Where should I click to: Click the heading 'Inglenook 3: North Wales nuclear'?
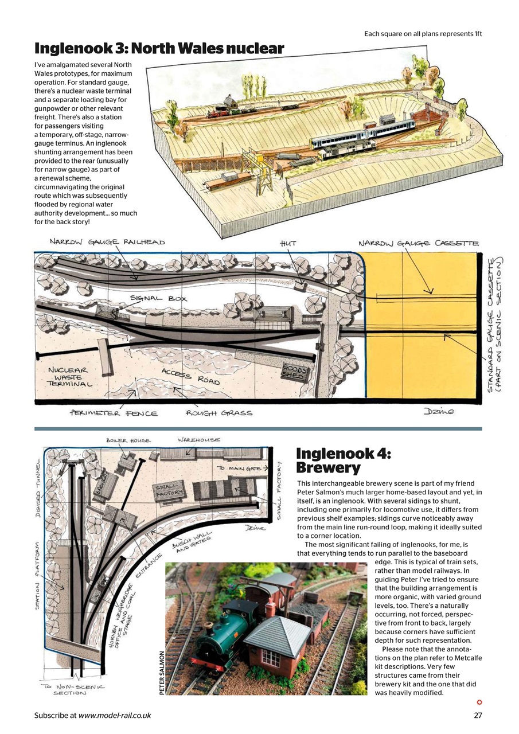(x=159, y=49)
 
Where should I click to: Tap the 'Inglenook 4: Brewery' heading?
(x=343, y=460)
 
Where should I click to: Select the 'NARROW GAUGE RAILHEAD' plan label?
(x=107, y=242)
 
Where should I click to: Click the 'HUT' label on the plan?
(x=288, y=244)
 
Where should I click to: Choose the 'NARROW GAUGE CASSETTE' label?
(x=418, y=244)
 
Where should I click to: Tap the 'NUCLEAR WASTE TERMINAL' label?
(x=69, y=377)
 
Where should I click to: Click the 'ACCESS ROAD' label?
(x=190, y=376)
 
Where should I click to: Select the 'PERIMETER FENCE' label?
(x=114, y=413)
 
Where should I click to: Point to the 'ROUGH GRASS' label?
(x=218, y=413)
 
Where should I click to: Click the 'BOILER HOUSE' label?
(x=128, y=440)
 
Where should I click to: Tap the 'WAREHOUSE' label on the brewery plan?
(x=198, y=440)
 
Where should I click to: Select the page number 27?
(x=478, y=715)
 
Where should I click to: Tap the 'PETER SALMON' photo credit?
(x=162, y=673)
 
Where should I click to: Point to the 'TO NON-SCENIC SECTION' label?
(x=73, y=689)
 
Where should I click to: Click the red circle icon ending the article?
(x=479, y=702)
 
